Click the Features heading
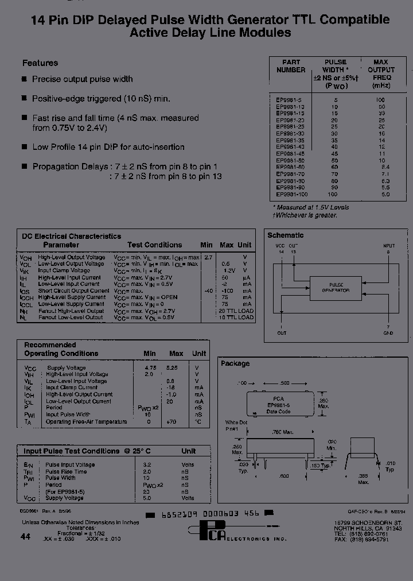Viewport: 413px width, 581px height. pos(40,63)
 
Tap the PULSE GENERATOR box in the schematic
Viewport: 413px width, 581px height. pos(336,288)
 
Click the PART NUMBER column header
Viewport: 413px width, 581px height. pos(291,66)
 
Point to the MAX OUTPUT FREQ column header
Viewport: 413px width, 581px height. pos(381,73)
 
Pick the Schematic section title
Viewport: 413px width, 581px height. pos(285,235)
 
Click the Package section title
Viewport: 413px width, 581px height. pos(235,363)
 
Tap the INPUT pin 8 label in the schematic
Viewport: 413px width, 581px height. pos(388,249)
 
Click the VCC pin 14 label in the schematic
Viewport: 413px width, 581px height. pos(280,249)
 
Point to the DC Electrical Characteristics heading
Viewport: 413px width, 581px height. pos(71,236)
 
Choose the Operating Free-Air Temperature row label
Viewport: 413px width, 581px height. pos(86,422)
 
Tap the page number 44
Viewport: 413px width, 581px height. pos(25,536)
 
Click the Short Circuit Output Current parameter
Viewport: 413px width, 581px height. pos(73,291)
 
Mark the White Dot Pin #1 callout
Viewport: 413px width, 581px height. pos(236,425)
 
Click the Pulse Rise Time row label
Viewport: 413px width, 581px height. pos(66,471)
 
